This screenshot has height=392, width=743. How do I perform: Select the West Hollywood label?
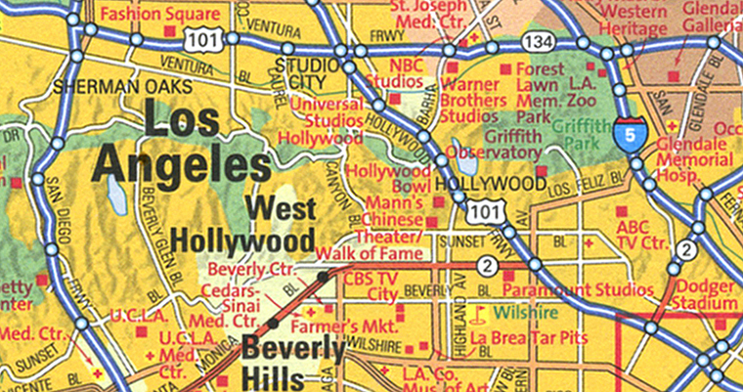point(243,225)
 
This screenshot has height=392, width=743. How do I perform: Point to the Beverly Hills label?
point(293,360)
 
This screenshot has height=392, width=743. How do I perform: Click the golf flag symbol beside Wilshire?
point(478,315)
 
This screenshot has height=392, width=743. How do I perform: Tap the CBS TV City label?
point(371,285)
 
